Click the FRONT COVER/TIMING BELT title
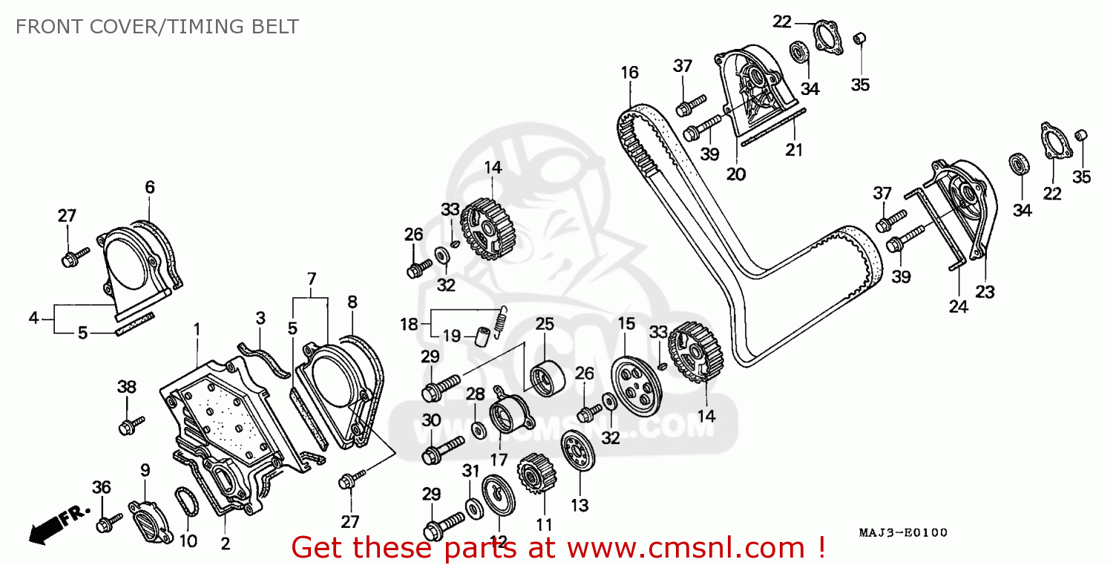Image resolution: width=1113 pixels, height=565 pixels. (157, 27)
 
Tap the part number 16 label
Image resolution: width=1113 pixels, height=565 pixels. (629, 73)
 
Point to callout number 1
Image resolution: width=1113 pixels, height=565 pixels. (197, 328)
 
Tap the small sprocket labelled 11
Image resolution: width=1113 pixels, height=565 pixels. (533, 475)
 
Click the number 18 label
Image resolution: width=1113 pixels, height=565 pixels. (409, 324)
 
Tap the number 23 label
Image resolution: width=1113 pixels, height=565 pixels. (985, 291)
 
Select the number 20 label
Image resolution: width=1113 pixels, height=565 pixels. (736, 174)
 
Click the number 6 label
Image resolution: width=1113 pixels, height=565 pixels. (150, 187)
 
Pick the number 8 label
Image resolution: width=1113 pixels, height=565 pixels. (352, 302)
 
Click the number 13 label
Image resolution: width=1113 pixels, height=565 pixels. (580, 505)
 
